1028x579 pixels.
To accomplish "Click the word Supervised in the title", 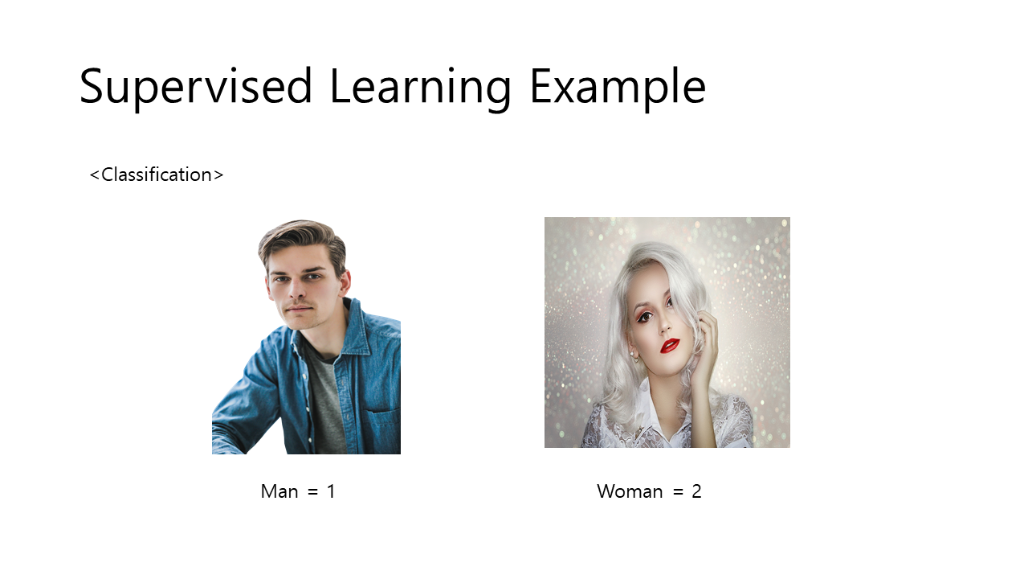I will (x=195, y=86).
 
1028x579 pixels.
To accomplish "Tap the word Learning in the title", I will (x=420, y=86).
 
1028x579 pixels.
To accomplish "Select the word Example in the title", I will (x=617, y=86).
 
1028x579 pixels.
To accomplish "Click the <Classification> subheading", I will (x=157, y=175).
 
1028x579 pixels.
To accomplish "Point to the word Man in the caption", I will (x=279, y=491).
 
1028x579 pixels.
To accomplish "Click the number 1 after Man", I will (x=331, y=491).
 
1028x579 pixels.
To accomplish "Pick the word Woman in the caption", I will (x=630, y=491).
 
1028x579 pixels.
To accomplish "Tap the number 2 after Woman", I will (x=696, y=491).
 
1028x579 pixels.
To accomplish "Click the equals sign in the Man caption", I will (x=312, y=492).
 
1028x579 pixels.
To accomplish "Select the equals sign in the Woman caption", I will (x=677, y=492).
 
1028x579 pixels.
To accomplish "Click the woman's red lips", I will (x=671, y=345).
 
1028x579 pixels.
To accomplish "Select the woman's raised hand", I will (x=707, y=338).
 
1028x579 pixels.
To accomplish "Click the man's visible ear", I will (x=345, y=283).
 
